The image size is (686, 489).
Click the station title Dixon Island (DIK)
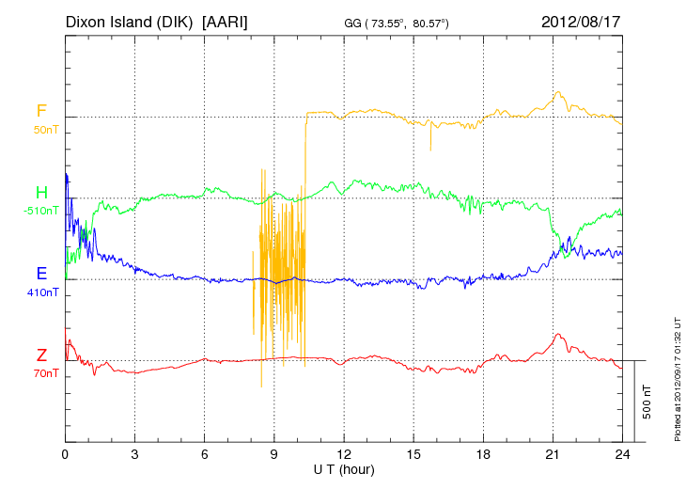point(129,21)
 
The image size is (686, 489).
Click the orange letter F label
point(41,110)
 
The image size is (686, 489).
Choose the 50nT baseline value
point(44,129)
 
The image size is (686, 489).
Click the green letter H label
point(41,192)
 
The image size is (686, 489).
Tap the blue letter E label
point(41,274)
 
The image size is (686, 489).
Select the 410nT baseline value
point(43,292)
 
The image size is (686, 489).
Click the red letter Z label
point(41,355)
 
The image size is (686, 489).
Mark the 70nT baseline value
point(44,373)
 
